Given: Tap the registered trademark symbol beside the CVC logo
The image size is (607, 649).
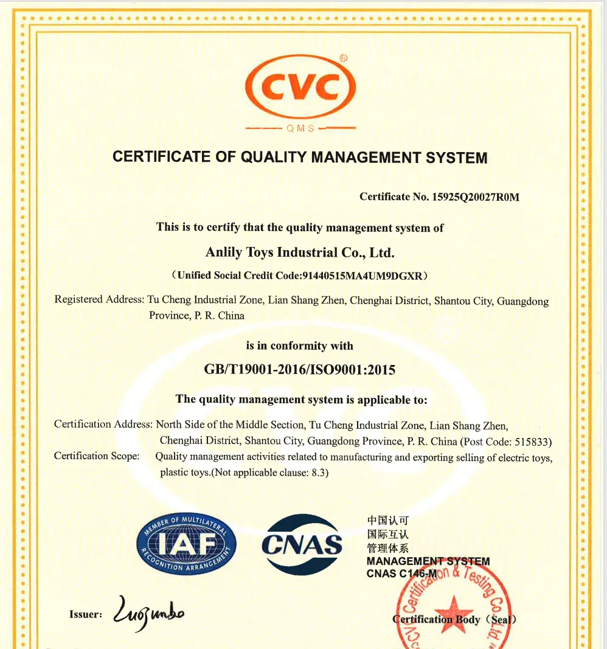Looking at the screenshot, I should (x=344, y=58).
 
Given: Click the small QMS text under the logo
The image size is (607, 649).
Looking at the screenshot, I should (x=300, y=128).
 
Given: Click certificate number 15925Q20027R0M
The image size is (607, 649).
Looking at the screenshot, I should (x=476, y=196).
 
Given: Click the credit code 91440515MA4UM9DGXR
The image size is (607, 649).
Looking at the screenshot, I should (x=362, y=275).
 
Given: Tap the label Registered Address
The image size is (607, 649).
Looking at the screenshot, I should (x=99, y=300).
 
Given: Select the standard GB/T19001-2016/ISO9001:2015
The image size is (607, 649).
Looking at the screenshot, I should (x=300, y=370).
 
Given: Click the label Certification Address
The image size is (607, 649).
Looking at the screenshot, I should (x=102, y=424).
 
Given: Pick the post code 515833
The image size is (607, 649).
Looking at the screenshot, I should (x=532, y=442).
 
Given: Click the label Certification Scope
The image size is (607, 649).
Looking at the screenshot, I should (x=97, y=456).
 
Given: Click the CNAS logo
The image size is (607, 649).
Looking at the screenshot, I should (x=302, y=544).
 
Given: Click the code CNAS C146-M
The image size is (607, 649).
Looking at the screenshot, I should (x=401, y=574).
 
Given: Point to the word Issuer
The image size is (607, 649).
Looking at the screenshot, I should (x=86, y=614).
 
